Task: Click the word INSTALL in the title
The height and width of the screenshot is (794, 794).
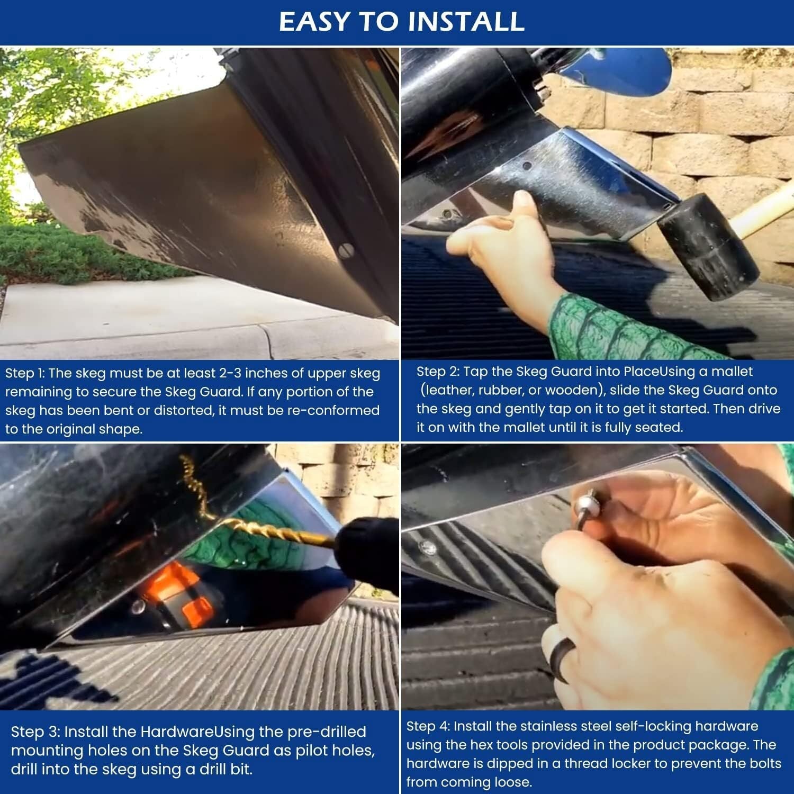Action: [x=466, y=21]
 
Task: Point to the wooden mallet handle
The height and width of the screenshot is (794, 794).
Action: [x=768, y=202]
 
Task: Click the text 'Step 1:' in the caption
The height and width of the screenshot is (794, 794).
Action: [x=25, y=374]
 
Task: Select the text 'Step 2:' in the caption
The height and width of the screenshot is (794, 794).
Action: [x=438, y=372]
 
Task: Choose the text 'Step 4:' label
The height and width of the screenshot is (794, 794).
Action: [x=428, y=726]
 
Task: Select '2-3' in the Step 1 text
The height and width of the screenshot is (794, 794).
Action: [x=230, y=374]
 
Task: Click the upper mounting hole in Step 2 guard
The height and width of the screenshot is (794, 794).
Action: [x=527, y=166]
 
